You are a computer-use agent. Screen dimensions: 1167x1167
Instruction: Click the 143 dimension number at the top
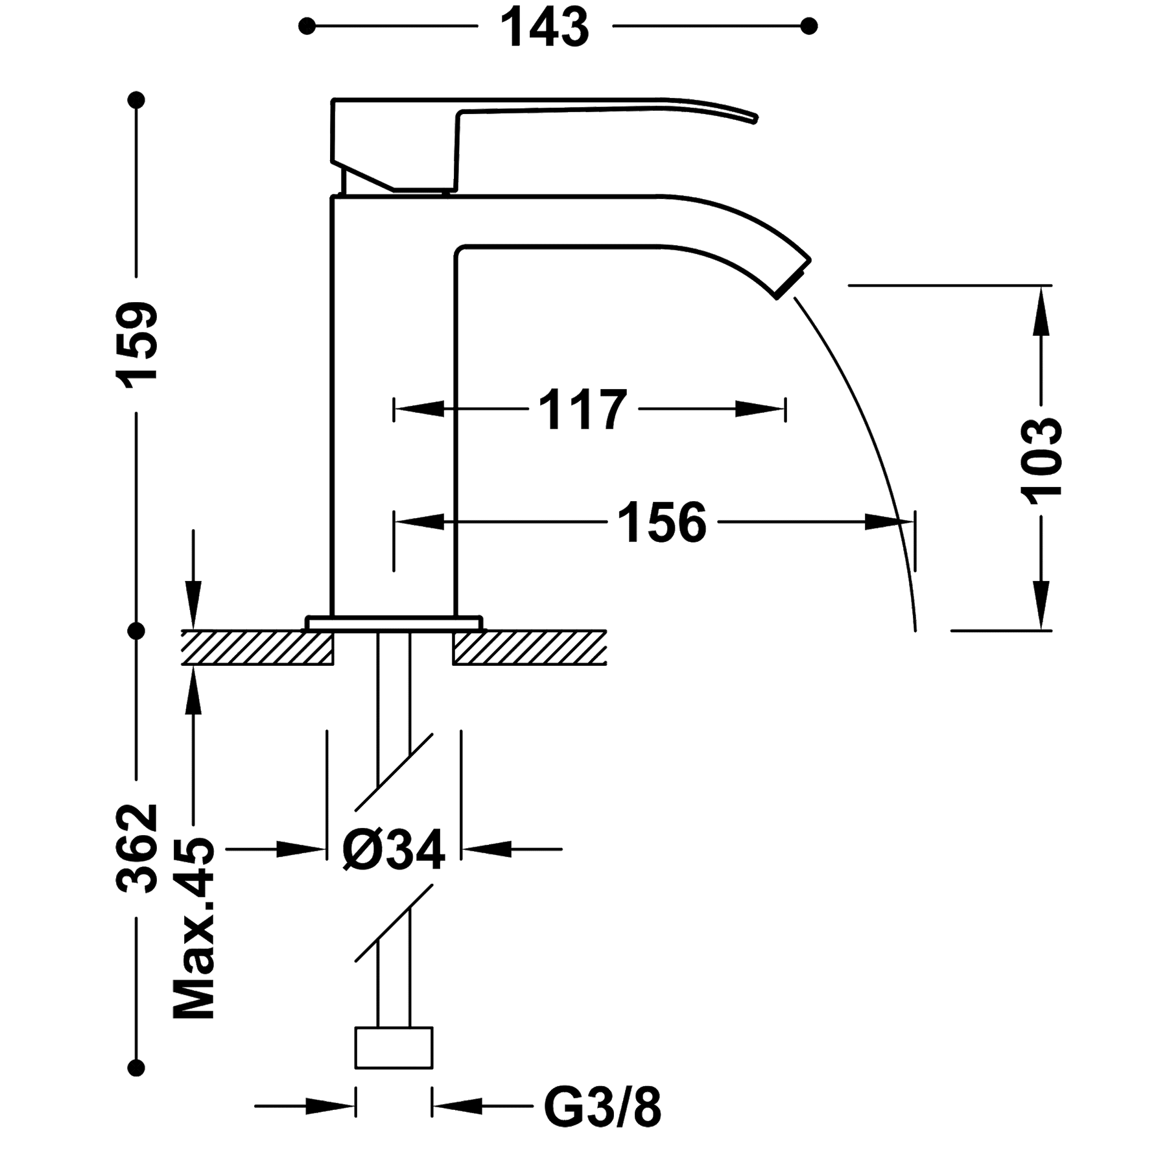coord(545,27)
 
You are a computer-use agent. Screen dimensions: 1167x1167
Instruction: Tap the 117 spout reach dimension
coord(582,410)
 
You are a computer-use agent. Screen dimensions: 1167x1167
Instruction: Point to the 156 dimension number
coord(661,523)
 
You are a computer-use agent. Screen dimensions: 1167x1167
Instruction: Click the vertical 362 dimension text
coord(136,849)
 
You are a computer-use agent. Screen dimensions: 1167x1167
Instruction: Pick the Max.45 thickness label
coord(194,927)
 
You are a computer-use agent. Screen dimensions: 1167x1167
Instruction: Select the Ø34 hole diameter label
coord(394,849)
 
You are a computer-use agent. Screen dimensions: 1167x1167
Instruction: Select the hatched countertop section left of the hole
coord(257,647)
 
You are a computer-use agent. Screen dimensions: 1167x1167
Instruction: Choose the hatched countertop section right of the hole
coord(530,647)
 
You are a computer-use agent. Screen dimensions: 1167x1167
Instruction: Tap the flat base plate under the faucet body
coord(394,622)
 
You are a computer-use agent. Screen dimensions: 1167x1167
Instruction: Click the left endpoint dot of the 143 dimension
coord(307,27)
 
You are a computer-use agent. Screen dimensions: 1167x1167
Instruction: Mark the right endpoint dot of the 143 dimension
coord(808,27)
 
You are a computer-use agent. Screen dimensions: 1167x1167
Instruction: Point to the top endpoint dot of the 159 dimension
coord(136,100)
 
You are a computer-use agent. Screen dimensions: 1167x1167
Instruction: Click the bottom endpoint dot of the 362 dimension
coord(136,1067)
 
